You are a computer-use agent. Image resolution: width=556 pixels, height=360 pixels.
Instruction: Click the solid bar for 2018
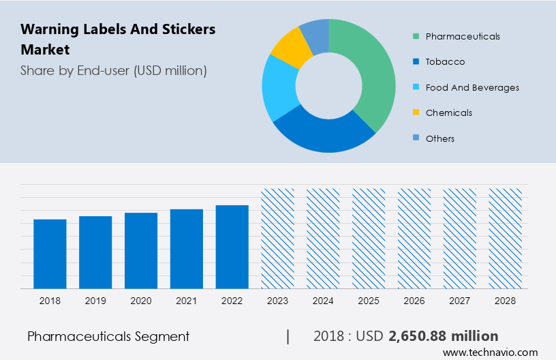click(50, 254)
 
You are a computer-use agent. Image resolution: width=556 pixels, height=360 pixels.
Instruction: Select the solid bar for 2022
click(232, 247)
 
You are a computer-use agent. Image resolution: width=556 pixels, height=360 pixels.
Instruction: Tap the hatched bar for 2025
click(369, 239)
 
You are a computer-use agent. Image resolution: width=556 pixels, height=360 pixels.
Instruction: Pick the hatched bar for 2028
click(506, 239)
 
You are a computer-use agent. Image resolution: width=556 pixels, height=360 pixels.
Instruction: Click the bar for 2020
click(141, 250)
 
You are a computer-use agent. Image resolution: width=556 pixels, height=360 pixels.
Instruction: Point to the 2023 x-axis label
click(278, 300)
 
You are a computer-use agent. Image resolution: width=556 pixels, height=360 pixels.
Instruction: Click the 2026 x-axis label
click(414, 300)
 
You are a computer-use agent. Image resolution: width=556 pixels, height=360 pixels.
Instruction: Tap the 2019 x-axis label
click(95, 300)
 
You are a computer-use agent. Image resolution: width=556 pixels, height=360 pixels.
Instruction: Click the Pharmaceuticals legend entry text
click(463, 36)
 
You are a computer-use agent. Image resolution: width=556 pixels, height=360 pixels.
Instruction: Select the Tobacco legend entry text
click(445, 62)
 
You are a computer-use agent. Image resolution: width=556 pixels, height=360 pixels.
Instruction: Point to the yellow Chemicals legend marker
click(415, 112)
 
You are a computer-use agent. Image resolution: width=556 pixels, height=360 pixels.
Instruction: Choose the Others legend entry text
click(439, 138)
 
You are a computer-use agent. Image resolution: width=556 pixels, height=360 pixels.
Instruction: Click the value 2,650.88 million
click(443, 336)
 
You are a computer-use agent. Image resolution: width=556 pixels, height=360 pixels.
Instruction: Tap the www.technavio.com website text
click(490, 352)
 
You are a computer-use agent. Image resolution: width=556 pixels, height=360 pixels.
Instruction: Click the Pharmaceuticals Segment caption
click(108, 336)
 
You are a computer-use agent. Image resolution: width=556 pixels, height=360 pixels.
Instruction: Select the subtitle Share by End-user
click(113, 70)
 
